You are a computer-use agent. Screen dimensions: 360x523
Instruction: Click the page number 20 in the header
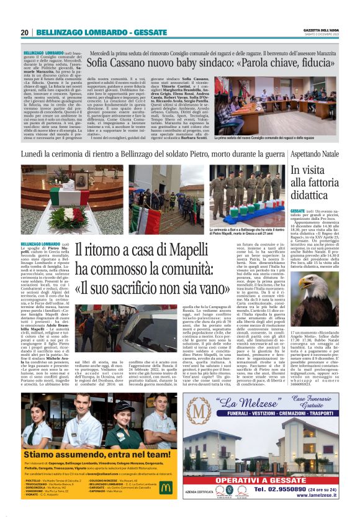(25, 32)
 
